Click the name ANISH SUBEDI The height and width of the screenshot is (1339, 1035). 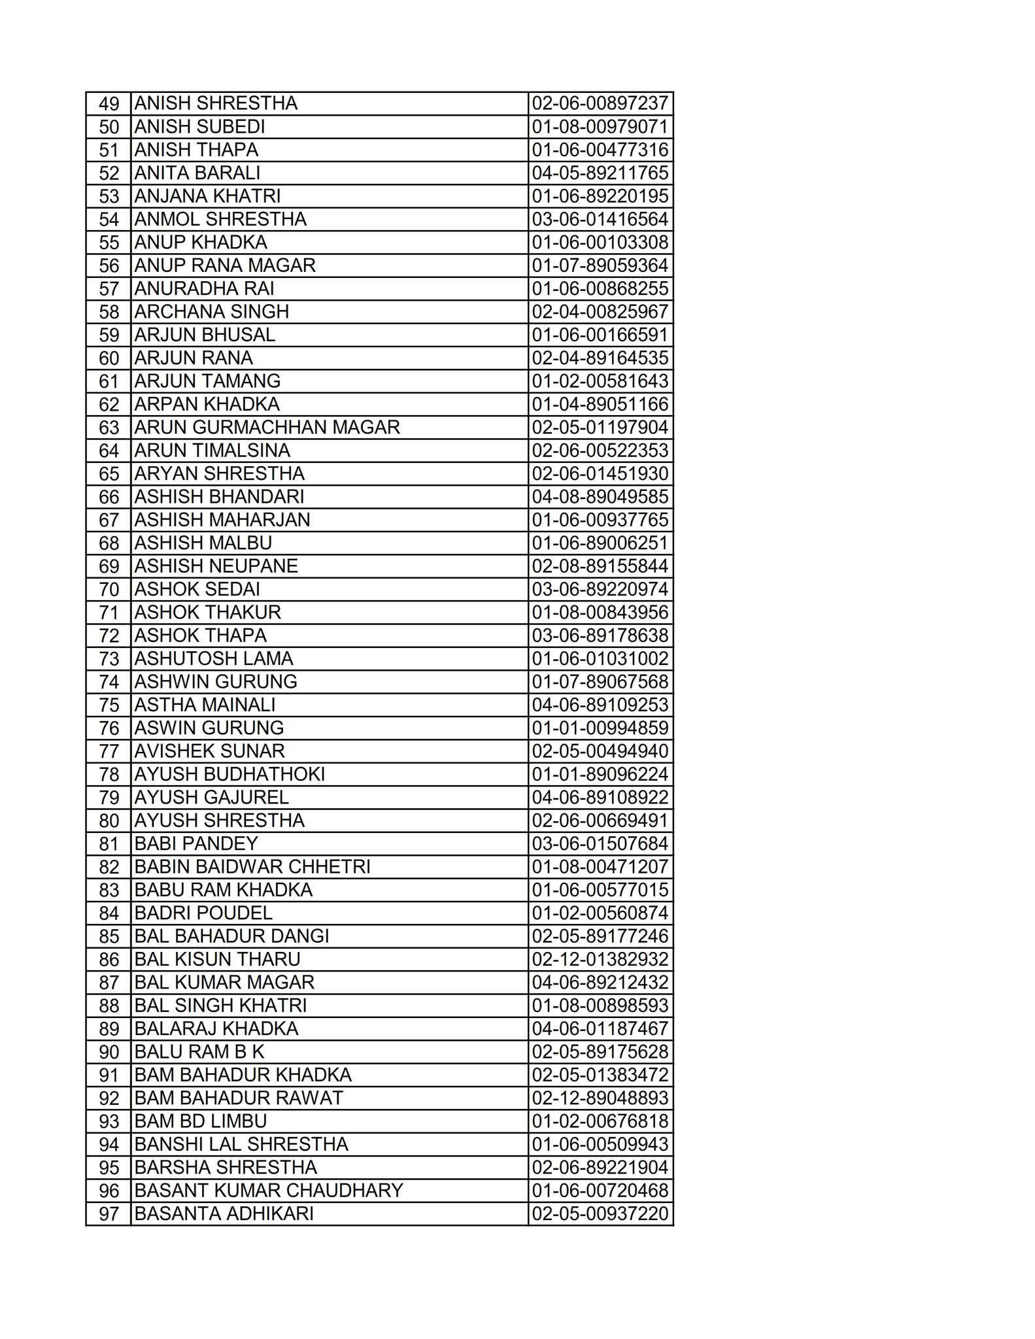(199, 127)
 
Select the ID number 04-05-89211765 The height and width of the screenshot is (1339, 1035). (600, 173)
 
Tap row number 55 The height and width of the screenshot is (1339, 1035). (109, 243)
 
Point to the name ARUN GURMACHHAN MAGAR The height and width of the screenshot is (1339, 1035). (267, 428)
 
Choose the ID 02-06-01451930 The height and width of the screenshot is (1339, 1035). (600, 474)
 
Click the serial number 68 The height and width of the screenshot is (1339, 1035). (109, 543)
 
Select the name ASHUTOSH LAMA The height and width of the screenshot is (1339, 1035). (214, 659)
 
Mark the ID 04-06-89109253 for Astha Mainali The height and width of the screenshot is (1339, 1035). (600, 705)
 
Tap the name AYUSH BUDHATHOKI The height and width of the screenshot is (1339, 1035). (229, 775)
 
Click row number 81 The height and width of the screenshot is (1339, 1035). (109, 844)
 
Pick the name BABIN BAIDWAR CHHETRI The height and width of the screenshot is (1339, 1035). (252, 867)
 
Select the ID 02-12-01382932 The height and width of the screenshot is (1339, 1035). (600, 960)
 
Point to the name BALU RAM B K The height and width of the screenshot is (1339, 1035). (199, 1052)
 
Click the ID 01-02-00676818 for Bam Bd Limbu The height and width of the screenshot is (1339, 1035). (600, 1121)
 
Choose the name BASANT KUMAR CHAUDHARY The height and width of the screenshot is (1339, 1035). (269, 1191)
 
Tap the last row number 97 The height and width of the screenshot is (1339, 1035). (109, 1214)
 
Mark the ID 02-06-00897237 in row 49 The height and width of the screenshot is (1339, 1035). (600, 104)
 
